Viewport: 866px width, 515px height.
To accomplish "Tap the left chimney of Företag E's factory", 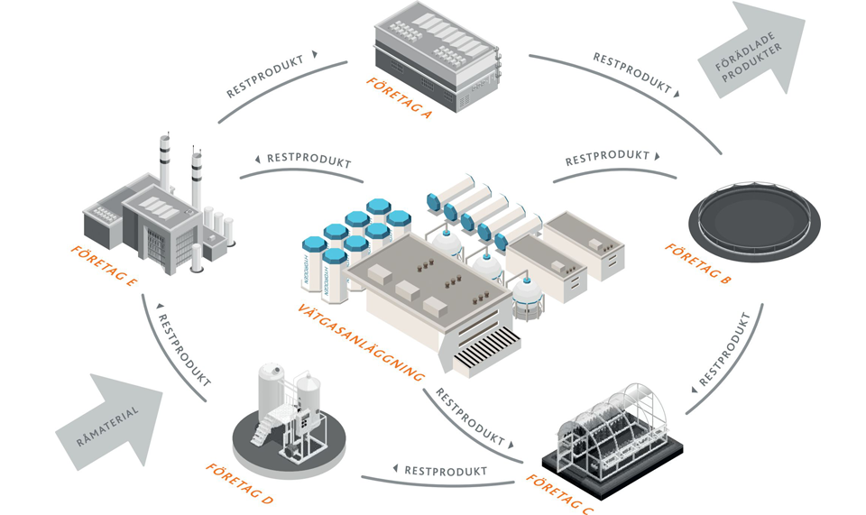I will (x=165, y=162).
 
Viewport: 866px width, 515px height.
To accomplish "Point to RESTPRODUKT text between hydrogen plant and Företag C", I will (x=469, y=418).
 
